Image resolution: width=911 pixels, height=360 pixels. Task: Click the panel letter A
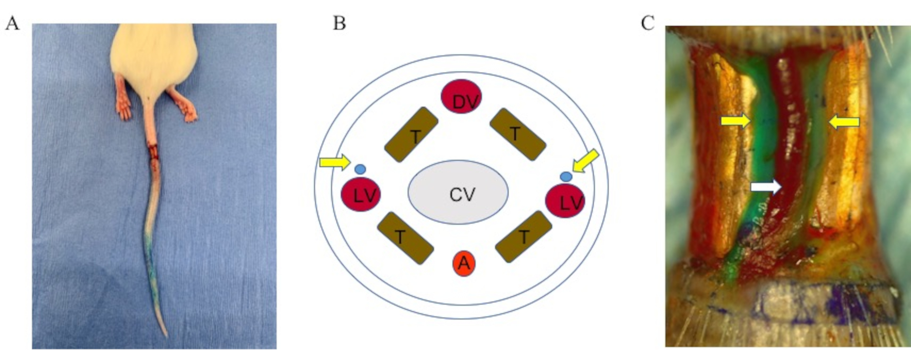click(12, 23)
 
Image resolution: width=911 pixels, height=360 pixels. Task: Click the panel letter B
click(339, 23)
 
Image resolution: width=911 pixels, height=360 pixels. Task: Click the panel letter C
click(647, 23)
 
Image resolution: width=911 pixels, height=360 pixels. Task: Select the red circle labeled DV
click(461, 96)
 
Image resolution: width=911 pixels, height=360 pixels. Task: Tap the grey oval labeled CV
click(458, 192)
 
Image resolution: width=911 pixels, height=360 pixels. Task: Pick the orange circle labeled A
click(464, 263)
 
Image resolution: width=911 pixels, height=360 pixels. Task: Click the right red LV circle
click(565, 201)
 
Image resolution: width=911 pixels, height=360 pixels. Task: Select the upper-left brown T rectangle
click(411, 135)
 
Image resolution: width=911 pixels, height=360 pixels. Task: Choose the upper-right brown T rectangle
click(517, 134)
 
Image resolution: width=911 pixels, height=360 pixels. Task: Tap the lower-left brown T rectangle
click(405, 238)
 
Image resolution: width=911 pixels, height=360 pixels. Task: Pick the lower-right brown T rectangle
click(523, 237)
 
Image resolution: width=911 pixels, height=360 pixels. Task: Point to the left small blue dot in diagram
click(360, 169)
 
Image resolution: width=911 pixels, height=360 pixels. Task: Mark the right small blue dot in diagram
click(565, 176)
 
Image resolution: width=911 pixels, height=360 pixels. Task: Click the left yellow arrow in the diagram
click(334, 162)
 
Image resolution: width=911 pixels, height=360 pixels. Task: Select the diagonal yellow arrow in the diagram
click(585, 162)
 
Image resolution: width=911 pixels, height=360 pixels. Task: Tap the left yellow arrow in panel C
click(735, 121)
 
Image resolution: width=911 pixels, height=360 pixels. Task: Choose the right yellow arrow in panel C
click(844, 122)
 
